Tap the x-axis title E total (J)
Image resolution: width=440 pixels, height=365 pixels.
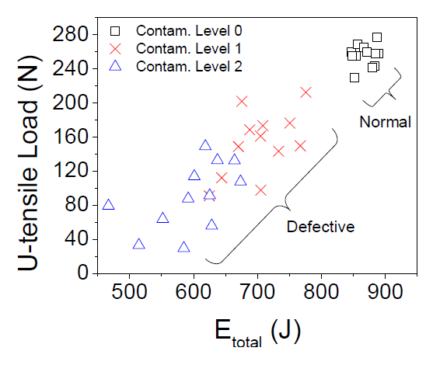point(257,332)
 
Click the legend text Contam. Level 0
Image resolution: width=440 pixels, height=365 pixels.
point(189,32)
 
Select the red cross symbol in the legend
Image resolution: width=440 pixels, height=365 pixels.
point(116,49)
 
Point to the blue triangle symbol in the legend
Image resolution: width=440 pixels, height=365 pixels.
point(116,65)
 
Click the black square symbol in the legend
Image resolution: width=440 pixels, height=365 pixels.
point(116,32)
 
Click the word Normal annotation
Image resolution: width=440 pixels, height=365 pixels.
point(384,122)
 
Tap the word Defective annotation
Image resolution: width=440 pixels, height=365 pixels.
point(320,227)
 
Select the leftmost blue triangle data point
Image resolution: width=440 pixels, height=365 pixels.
point(109,205)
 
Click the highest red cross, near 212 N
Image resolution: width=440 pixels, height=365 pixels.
point(306,92)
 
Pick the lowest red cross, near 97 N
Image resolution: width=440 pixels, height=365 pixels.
point(261,190)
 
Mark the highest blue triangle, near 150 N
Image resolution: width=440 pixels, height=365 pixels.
point(205,145)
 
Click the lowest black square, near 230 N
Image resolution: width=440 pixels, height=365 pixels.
point(354,77)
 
